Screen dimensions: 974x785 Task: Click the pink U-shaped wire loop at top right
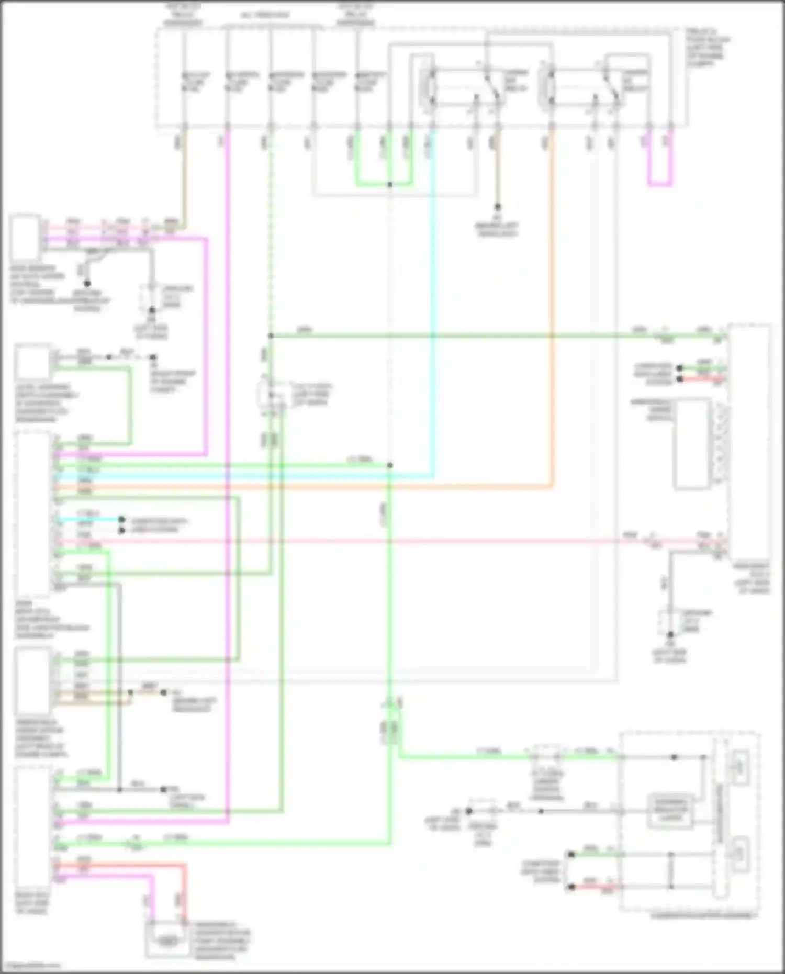click(660, 184)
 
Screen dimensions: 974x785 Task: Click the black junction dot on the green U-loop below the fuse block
click(390, 185)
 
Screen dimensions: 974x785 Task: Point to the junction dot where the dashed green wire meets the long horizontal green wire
click(271, 335)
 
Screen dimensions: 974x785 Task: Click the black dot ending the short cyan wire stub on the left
click(121, 520)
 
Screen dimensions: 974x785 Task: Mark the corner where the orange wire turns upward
click(552, 487)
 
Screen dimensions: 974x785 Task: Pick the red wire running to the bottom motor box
click(184, 890)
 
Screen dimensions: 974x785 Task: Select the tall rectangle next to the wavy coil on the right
click(691, 443)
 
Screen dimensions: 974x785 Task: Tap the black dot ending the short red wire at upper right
click(680, 378)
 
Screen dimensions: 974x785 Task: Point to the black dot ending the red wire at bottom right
click(571, 887)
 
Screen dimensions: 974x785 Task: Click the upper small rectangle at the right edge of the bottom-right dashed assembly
click(742, 768)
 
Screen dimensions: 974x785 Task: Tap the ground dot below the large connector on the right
click(670, 635)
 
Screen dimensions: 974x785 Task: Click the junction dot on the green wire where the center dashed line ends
click(390, 465)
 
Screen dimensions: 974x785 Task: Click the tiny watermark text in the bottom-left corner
click(30, 965)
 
